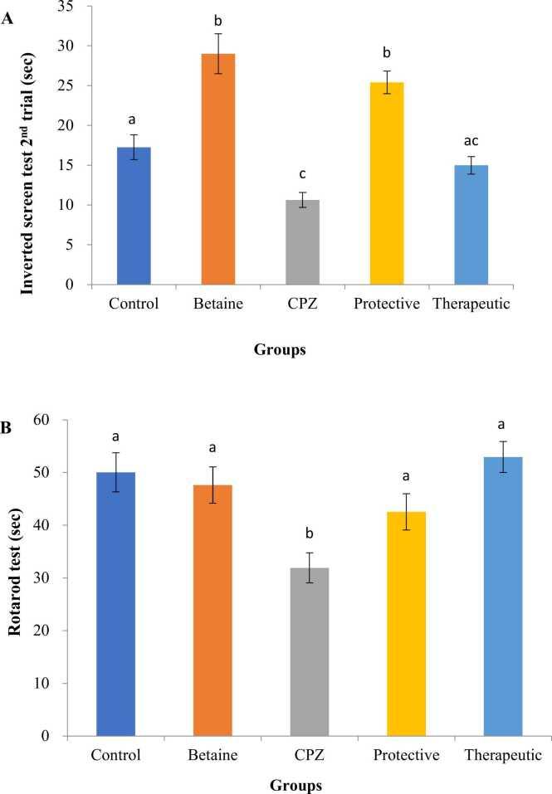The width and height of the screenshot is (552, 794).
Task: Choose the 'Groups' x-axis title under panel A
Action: point(278,351)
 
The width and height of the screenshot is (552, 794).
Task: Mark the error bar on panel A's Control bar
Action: point(131,147)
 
